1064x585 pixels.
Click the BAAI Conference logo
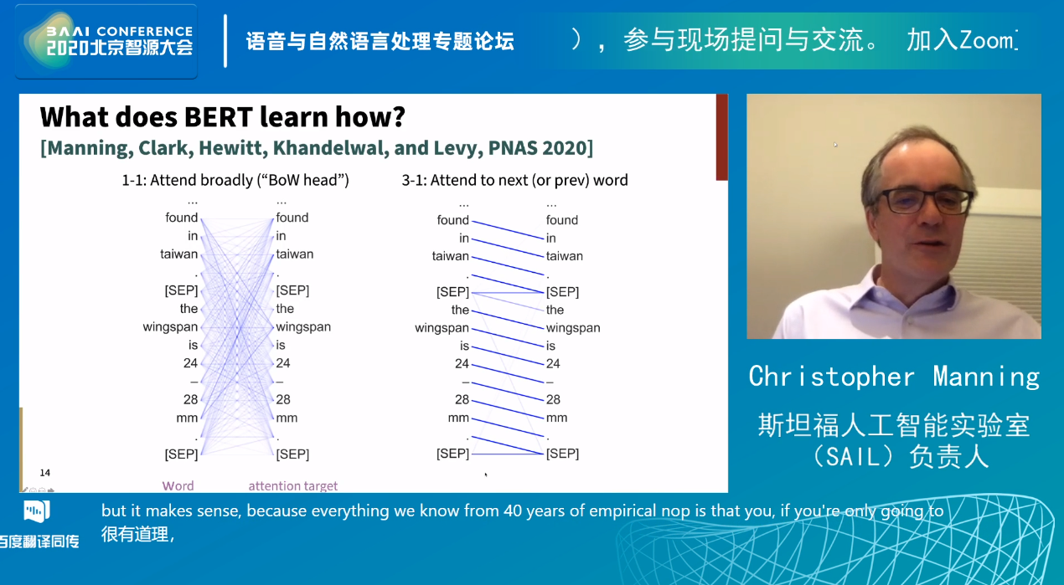click(106, 42)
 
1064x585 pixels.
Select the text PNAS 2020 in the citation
click(538, 148)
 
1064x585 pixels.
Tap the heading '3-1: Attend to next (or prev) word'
click(515, 180)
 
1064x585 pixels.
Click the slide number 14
click(45, 473)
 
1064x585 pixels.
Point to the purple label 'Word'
click(178, 486)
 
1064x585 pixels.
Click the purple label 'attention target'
click(293, 486)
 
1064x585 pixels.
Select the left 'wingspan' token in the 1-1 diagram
click(170, 327)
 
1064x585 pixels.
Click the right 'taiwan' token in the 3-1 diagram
click(565, 256)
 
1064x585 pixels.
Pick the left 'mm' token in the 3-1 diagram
click(458, 418)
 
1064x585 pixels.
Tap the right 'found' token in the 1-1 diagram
click(292, 218)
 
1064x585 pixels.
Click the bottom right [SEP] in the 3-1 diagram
click(562, 454)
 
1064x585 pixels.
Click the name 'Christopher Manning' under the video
click(895, 377)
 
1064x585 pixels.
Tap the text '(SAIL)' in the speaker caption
click(856, 457)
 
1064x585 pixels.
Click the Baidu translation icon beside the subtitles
click(37, 511)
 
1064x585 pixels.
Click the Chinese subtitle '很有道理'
click(135, 535)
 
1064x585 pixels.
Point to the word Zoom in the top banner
click(985, 40)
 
